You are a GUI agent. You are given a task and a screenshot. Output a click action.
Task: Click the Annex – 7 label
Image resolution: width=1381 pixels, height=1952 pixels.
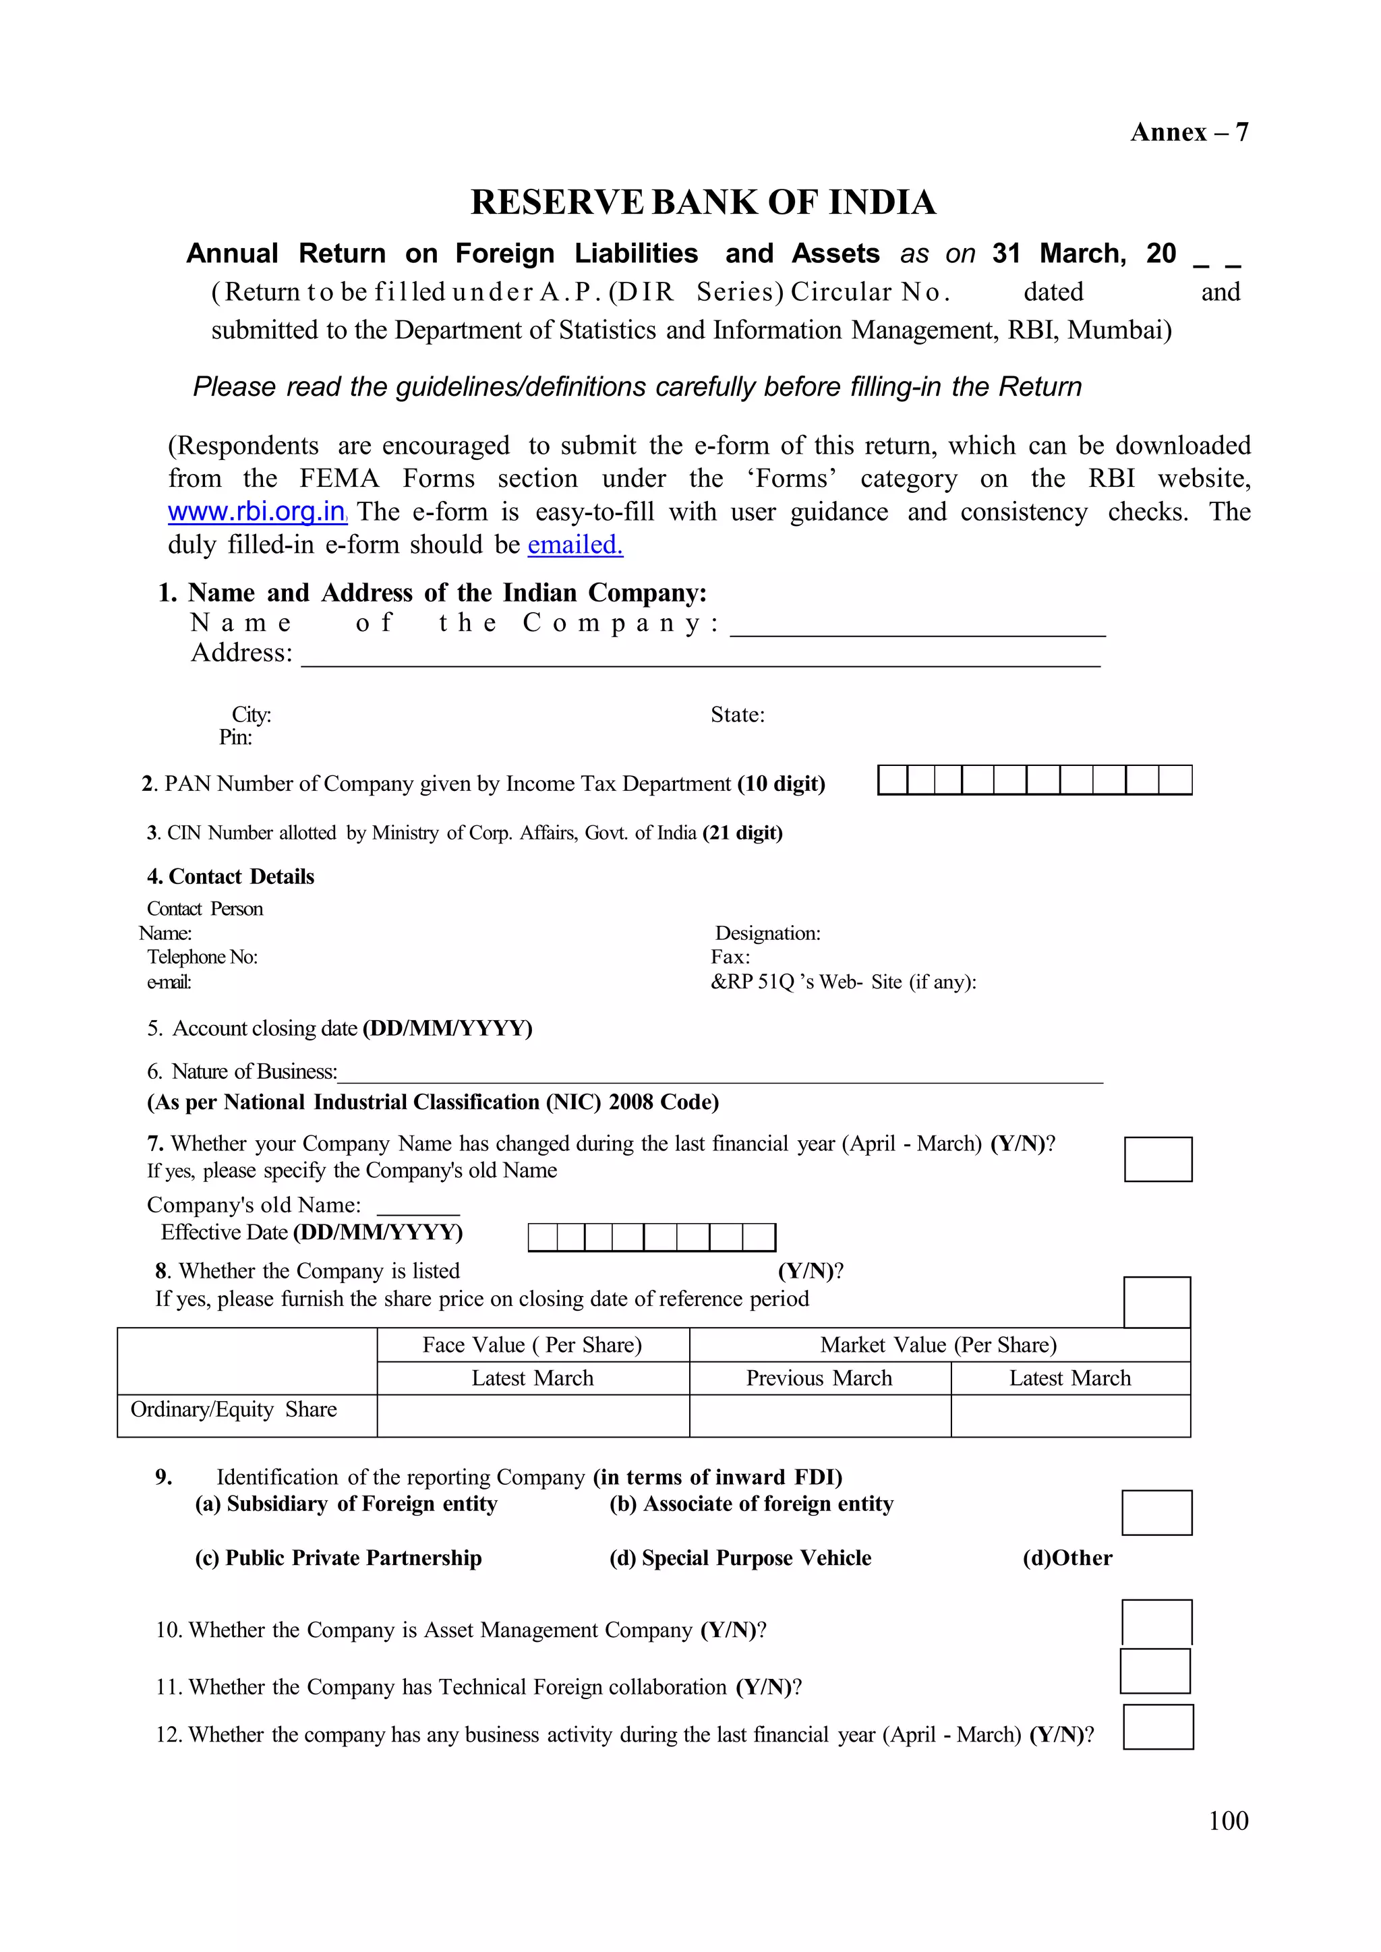[x=1188, y=133]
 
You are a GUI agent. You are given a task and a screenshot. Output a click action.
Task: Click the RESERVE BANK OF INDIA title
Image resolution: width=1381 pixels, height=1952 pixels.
[x=703, y=202]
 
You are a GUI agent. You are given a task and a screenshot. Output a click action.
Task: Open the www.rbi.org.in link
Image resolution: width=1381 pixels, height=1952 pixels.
[x=257, y=512]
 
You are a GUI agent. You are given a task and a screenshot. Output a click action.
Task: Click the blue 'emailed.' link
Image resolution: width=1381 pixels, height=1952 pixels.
[x=575, y=545]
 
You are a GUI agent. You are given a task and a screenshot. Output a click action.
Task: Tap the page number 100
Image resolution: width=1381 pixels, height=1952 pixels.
[x=1228, y=1821]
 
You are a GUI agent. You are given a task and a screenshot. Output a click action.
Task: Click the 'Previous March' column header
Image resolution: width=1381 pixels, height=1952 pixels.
[x=819, y=1378]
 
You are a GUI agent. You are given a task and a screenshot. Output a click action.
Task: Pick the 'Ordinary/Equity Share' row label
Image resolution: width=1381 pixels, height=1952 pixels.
[x=234, y=1410]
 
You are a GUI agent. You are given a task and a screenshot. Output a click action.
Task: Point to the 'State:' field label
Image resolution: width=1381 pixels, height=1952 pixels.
[x=737, y=715]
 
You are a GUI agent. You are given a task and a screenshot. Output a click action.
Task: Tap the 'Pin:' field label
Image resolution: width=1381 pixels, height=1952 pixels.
[x=235, y=737]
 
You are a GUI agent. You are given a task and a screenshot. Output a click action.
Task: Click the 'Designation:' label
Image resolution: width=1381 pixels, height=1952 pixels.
[x=767, y=933]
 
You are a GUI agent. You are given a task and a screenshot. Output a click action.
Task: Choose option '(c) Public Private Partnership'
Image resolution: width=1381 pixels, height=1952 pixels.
[x=339, y=1558]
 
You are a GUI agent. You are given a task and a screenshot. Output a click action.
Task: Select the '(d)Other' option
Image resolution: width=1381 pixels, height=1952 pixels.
[x=1067, y=1558]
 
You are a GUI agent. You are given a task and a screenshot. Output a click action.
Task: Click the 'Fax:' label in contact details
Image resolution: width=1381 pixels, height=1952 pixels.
[x=730, y=957]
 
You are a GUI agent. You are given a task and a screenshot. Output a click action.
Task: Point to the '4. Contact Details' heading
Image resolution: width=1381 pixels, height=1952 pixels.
[x=231, y=877]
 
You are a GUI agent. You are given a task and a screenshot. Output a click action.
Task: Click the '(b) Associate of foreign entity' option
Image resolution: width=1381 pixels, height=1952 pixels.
[x=751, y=1504]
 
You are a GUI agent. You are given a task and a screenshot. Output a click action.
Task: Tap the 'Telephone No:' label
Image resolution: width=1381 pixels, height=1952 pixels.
[x=202, y=957]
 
